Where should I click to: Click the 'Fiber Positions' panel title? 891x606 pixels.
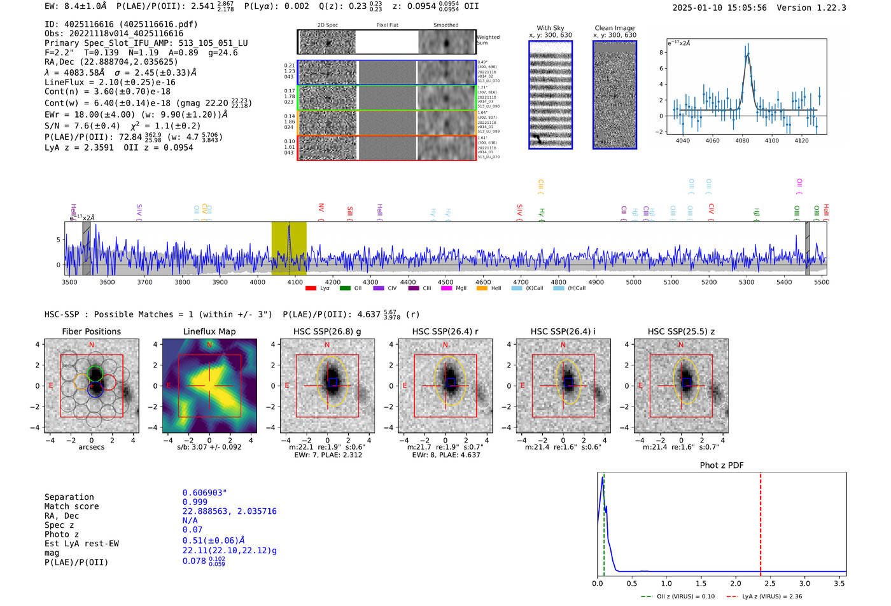(x=91, y=331)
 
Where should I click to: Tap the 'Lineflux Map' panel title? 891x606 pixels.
(x=209, y=331)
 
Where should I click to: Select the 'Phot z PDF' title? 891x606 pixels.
(x=721, y=465)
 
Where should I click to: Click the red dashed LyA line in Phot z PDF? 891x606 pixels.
(x=761, y=521)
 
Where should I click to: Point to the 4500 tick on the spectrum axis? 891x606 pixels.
(x=445, y=282)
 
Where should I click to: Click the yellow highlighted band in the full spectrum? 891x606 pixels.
(x=289, y=248)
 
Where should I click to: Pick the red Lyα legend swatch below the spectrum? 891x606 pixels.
(x=311, y=289)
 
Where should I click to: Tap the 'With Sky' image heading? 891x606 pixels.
(x=550, y=28)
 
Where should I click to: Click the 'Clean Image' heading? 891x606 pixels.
(x=614, y=28)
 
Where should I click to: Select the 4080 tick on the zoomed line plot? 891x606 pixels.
(x=742, y=141)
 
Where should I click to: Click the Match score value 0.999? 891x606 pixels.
(x=195, y=502)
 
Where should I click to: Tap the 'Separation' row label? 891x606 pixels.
(x=69, y=497)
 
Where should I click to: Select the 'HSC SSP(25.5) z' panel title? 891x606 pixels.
(x=681, y=331)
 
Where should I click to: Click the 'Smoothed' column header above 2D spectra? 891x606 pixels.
(x=445, y=25)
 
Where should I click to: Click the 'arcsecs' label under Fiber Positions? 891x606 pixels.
(x=91, y=447)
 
